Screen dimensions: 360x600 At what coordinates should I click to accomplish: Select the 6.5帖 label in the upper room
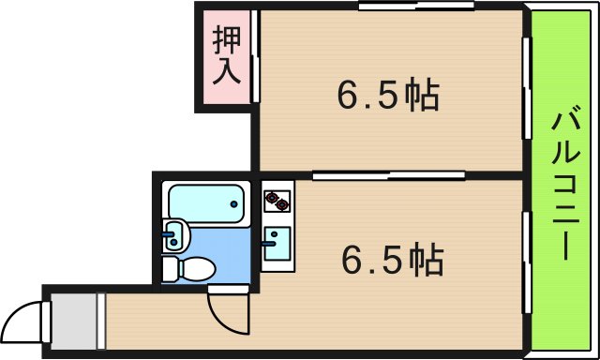[x=388, y=95]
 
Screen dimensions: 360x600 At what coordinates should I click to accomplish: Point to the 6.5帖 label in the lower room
[x=392, y=260]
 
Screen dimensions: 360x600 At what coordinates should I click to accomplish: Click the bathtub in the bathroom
[x=206, y=203]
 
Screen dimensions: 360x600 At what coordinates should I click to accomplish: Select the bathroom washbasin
[x=175, y=236]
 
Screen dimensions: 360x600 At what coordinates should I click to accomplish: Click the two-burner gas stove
[x=277, y=200]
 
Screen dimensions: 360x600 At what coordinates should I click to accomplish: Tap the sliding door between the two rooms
[x=389, y=173]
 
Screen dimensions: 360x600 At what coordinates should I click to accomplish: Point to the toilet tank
[x=171, y=268]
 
